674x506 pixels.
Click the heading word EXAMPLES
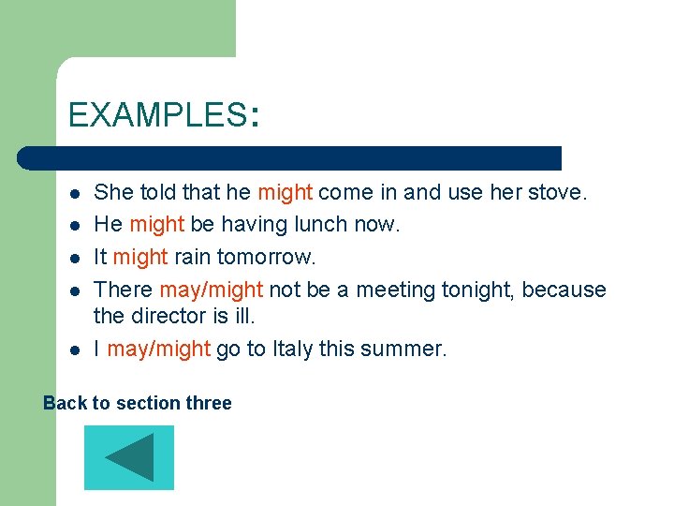pos(155,115)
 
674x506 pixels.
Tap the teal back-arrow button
pos(129,457)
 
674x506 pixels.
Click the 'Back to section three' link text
pos(138,403)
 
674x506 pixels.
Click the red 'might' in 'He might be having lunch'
pos(157,225)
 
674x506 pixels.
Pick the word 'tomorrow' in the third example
pos(267,257)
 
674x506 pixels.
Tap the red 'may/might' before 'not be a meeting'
pos(212,290)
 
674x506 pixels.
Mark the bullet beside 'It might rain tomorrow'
pos(73,258)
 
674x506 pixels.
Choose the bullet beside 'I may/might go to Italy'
pos(73,350)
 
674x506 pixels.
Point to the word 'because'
pos(564,290)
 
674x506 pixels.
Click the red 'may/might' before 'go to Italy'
pos(158,350)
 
